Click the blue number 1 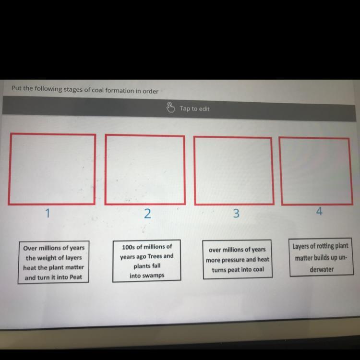pos(48,213)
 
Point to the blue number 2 pos(147,214)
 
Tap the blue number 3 pos(236,213)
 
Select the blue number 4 pos(319,211)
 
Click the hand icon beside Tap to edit pos(170,108)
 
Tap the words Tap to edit pos(194,108)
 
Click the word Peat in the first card pos(76,277)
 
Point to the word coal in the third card pos(258,269)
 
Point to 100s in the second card pos(128,247)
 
